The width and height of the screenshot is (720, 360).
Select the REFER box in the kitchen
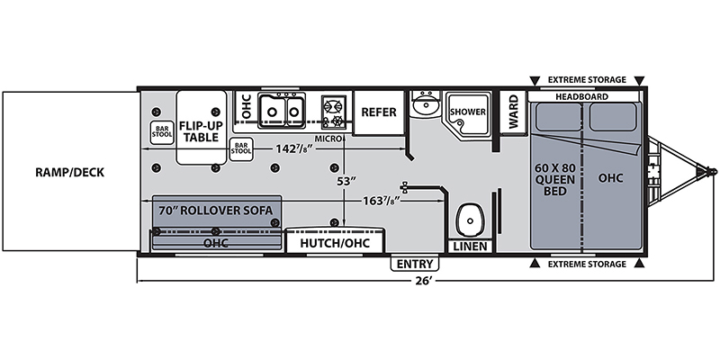tap(379, 112)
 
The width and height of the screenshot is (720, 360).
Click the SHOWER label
tap(468, 112)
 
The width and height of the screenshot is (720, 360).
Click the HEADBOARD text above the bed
tap(581, 96)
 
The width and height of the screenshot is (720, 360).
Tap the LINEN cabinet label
tap(470, 245)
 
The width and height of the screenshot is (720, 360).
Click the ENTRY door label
tap(415, 265)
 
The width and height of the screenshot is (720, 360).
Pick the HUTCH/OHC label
tap(336, 243)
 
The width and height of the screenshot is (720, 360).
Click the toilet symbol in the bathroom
tap(469, 219)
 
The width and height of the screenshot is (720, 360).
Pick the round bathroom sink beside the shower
tap(424, 108)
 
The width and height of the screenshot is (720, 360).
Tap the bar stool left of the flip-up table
tap(161, 131)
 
